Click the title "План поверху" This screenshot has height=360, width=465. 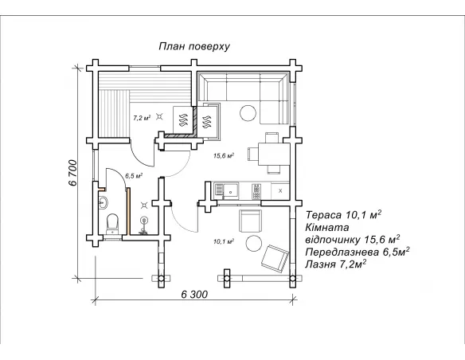pos(194,46)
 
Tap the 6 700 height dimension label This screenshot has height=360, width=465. pos(72,173)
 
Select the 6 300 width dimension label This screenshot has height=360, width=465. pos(194,295)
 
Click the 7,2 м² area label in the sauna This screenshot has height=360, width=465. pos(142,118)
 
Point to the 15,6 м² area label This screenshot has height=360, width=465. pos(224,155)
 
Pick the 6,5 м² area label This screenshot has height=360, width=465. pos(134,176)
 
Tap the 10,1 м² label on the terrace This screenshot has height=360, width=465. pos(224,241)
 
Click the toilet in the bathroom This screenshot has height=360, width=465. pos(112,223)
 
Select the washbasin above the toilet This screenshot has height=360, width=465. pos(103,202)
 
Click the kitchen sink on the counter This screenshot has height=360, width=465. pos(230,190)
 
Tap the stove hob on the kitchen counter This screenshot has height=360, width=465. pos(256,191)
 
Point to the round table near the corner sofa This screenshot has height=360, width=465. pos(248,113)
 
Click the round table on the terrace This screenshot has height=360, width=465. pos(254,244)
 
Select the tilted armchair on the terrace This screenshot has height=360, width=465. pos(275,259)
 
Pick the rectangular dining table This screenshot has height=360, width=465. pos(274,155)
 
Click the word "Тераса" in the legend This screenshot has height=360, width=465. pos(323,215)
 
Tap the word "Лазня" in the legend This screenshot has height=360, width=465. pos(320,264)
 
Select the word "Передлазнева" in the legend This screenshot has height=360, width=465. pos(342,252)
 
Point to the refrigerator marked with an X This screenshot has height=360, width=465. pos(280,190)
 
